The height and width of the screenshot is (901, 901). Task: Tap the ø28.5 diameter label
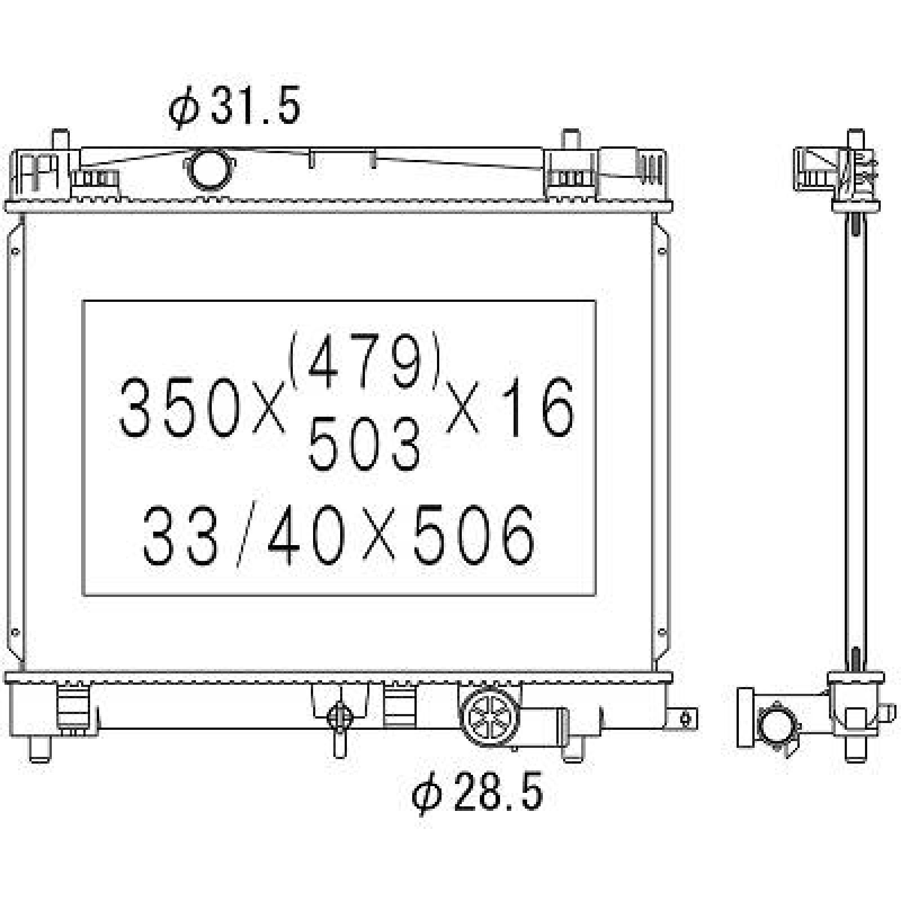pyautogui.click(x=478, y=792)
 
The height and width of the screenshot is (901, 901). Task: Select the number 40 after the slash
pyautogui.click(x=305, y=533)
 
